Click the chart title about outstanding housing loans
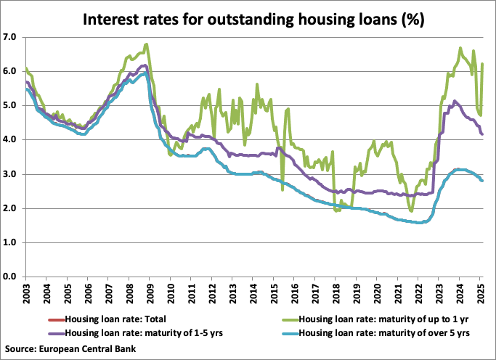point(248,16)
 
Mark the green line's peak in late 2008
point(147,44)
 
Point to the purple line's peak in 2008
point(145,65)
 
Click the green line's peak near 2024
point(460,49)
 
